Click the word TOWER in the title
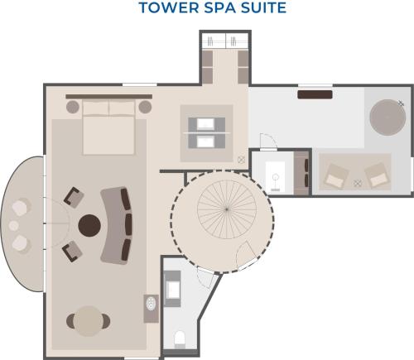click(169, 7)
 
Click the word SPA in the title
click(219, 7)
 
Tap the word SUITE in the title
click(263, 7)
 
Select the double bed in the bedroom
click(108, 127)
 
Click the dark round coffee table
click(89, 225)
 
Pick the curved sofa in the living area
click(117, 225)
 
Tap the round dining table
click(89, 321)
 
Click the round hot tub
click(388, 118)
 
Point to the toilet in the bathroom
click(180, 339)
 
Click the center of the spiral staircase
click(227, 209)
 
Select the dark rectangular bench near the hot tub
click(315, 94)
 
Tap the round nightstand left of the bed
click(73, 107)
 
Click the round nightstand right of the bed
click(145, 107)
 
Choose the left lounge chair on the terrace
click(337, 175)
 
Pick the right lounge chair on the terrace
click(375, 175)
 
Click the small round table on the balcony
click(13, 226)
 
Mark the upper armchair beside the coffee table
click(74, 197)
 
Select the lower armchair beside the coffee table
click(72, 252)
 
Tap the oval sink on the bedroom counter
click(151, 304)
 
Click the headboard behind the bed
click(109, 97)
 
